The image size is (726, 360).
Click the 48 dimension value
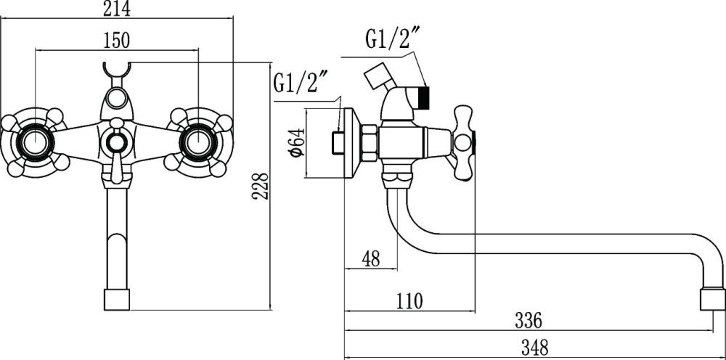[371, 258]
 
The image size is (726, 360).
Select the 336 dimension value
[529, 319]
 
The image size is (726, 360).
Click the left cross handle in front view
[35, 142]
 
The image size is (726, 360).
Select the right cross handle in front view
[198, 142]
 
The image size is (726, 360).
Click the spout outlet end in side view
[711, 298]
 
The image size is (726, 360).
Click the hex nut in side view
[369, 142]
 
